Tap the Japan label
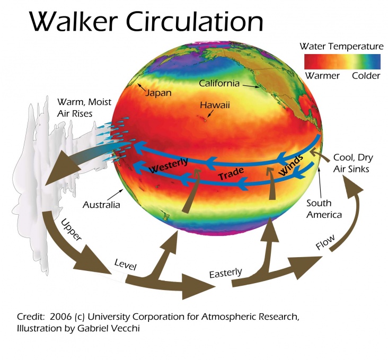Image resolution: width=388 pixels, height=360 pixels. point(158,93)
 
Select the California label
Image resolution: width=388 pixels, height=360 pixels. point(219,83)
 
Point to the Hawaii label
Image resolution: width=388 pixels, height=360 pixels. point(215,105)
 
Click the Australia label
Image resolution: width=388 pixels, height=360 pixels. point(101,205)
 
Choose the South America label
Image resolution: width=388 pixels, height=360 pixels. point(324,209)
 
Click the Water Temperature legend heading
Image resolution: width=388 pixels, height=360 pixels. point(341,46)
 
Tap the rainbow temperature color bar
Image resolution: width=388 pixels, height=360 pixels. point(342,62)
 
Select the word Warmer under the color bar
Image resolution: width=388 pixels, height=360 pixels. point(322,75)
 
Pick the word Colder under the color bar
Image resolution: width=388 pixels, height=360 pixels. point(366,75)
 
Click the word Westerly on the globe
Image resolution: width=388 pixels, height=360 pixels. point(169,165)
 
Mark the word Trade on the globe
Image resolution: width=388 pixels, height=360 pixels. point(231,173)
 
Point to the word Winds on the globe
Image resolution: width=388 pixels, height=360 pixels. point(291,165)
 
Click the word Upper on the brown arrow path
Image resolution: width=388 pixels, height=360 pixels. point(71,230)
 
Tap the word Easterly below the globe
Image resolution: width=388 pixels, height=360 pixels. point(225,273)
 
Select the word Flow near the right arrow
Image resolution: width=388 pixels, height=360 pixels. point(325,242)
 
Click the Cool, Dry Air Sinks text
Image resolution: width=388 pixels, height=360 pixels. point(353,163)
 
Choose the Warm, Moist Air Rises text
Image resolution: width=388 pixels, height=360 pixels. point(84,108)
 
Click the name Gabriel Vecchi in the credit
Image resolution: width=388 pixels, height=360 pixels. point(109,328)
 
